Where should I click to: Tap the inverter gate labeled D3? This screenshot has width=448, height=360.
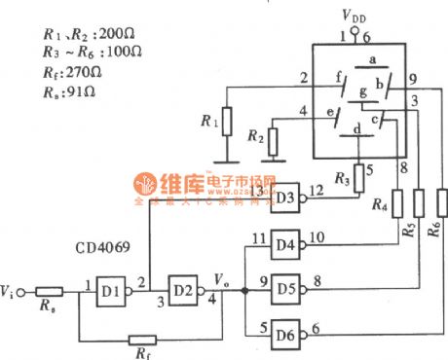point(285,198)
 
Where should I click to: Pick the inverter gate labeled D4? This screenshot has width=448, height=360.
point(285,245)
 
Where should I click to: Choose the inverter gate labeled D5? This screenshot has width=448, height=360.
point(285,288)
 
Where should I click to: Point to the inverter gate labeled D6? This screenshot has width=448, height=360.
point(285,331)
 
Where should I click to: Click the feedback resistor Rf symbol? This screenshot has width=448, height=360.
point(143,341)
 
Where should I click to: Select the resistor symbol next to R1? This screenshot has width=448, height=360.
point(226,122)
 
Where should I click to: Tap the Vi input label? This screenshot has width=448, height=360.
point(10,291)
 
